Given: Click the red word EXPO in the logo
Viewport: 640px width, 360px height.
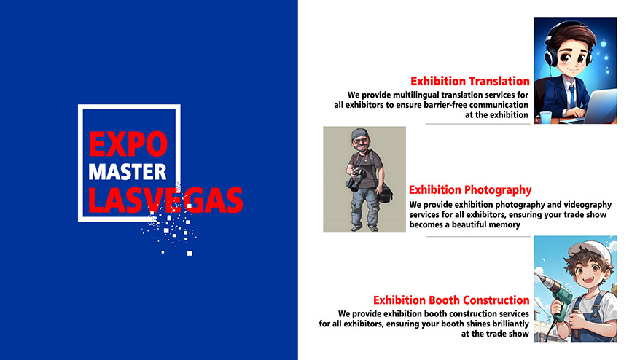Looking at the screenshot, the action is [128, 144].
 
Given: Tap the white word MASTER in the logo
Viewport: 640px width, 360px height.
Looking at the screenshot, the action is [128, 172].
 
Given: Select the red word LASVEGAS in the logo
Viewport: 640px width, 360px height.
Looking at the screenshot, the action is [165, 200].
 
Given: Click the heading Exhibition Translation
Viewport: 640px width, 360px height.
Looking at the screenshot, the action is [470, 81].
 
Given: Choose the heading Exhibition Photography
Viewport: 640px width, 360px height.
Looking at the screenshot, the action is [470, 189].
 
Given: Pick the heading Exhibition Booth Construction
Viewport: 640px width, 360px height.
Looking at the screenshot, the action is [451, 300].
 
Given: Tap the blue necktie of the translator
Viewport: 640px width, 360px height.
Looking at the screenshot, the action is [572, 96].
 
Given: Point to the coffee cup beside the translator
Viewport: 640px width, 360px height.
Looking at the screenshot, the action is [544, 117].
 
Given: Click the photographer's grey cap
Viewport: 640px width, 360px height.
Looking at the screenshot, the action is [359, 134].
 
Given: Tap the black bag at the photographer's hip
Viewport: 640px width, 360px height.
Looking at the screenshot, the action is [384, 192].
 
